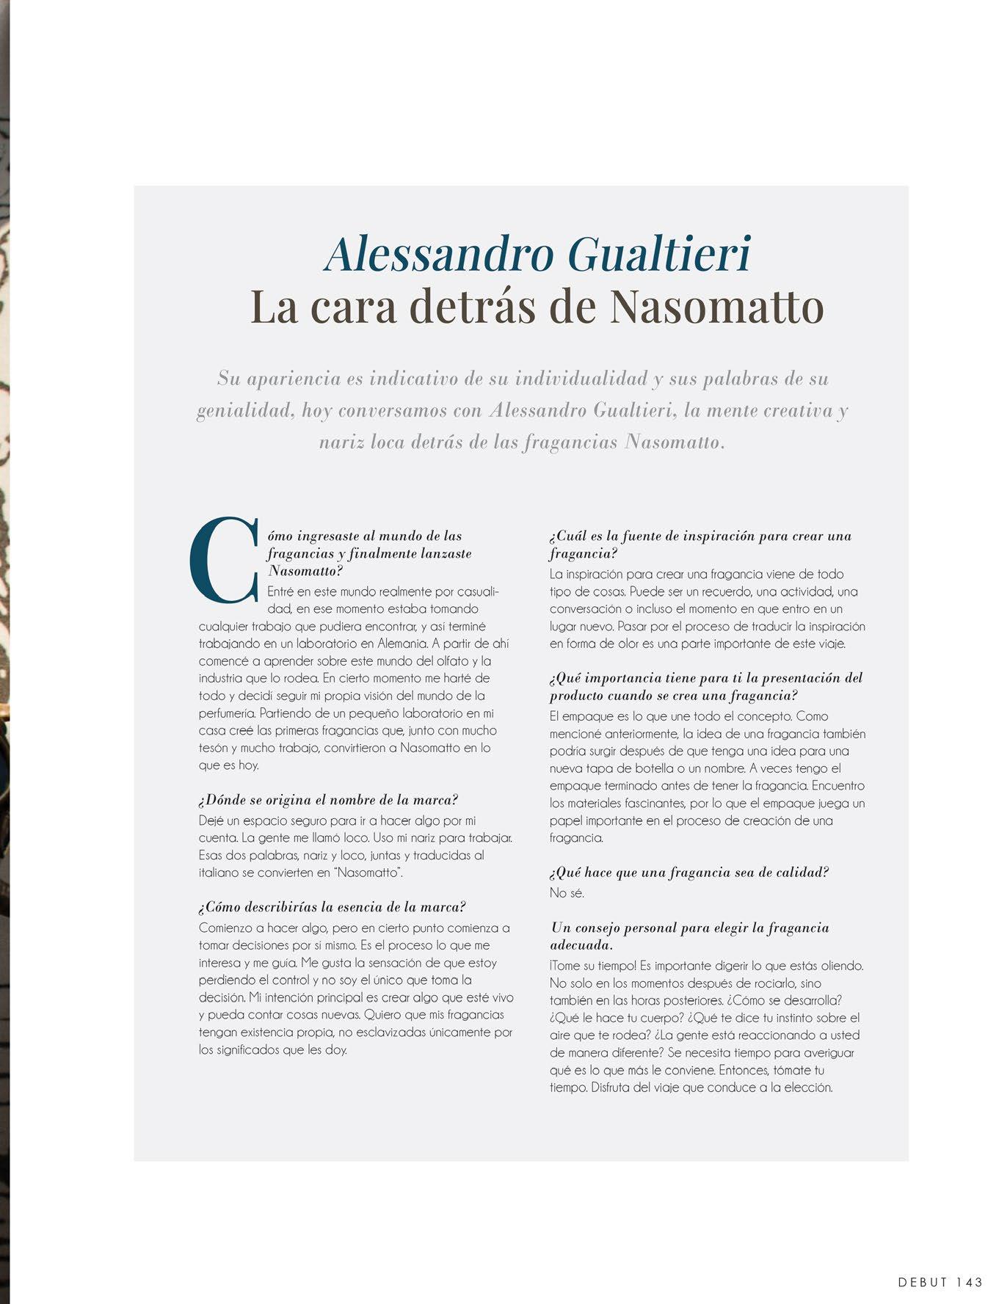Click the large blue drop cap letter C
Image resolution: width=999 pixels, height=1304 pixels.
[x=224, y=560]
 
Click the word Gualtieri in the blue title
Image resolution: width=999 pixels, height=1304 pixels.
[x=660, y=254]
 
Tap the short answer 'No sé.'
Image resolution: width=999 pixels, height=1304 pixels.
[x=567, y=893]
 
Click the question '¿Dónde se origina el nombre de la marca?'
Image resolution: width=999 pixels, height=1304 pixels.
[x=328, y=800]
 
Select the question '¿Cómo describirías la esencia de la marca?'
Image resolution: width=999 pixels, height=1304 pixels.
[x=332, y=907]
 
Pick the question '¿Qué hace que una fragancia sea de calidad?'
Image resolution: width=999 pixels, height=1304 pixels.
[x=689, y=873]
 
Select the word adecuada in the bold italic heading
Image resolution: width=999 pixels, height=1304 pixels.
[x=580, y=945]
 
